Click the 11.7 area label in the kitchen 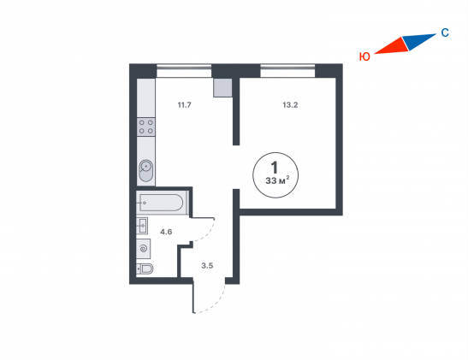(185, 105)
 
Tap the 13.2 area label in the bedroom (290, 105)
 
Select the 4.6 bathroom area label (166, 232)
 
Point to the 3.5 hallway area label (207, 265)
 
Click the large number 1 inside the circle (274, 167)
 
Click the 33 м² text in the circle (277, 180)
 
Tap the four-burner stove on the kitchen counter (146, 127)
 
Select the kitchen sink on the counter (146, 171)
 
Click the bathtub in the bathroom (161, 203)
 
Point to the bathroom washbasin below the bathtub (142, 226)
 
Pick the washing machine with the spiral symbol (144, 249)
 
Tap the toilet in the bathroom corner (145, 269)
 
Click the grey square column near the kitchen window (222, 88)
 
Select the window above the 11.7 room (184, 71)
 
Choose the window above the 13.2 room (287, 71)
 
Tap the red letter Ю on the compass (364, 56)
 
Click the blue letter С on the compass (445, 32)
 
